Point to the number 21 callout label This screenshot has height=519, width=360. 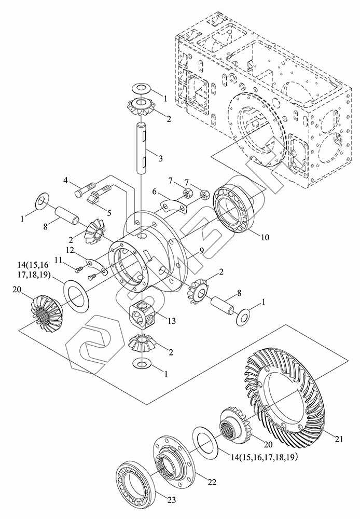[339, 439]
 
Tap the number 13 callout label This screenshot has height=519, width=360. [171, 320]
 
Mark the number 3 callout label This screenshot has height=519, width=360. [161, 158]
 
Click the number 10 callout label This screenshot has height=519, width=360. [265, 237]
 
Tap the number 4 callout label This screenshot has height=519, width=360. [65, 181]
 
